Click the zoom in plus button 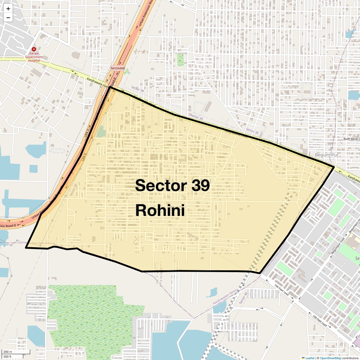8,9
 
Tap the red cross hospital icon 34,49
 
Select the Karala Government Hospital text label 34,57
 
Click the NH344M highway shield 117,68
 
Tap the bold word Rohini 160,210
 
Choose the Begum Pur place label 326,155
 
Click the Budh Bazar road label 351,139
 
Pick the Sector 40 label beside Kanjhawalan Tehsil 244,298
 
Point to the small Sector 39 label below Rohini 193,236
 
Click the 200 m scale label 8,352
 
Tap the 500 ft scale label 7,356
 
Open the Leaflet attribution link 309,358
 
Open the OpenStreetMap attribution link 330,358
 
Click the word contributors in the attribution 350,358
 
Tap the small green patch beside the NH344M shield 127,71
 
